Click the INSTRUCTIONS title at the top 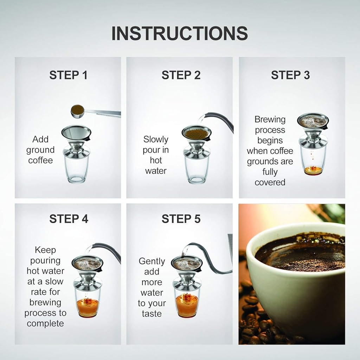[180, 33]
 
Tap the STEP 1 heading [68, 75]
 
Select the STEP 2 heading [181, 75]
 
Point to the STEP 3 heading [290, 75]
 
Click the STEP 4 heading [68, 219]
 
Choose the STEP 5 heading [181, 219]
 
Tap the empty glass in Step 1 [76, 169]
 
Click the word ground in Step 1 [40, 150]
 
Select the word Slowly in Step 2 [156, 140]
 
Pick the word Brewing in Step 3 [270, 120]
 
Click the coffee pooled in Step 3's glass [313, 171]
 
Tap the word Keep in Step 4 [45, 250]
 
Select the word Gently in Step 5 [152, 261]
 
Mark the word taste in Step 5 [152, 314]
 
